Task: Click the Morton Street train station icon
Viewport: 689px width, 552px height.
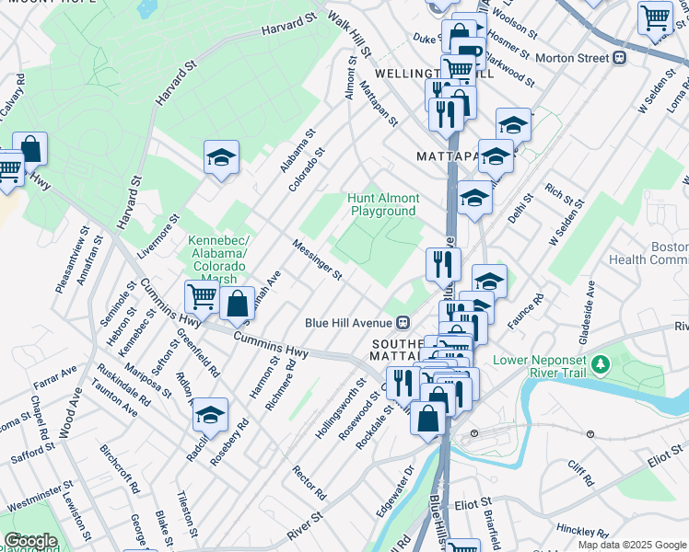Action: pos(620,57)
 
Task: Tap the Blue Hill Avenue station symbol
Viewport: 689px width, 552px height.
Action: pos(403,323)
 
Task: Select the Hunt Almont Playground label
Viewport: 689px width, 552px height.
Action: pos(384,204)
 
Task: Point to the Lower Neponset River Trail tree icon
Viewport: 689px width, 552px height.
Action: pos(601,364)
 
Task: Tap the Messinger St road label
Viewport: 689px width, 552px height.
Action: pos(318,260)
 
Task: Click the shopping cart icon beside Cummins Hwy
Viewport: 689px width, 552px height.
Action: pos(201,296)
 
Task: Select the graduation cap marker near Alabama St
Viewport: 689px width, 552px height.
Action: pos(221,158)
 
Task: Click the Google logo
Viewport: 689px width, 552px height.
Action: pos(30,541)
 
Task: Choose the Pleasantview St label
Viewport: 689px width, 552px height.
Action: pos(71,260)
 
